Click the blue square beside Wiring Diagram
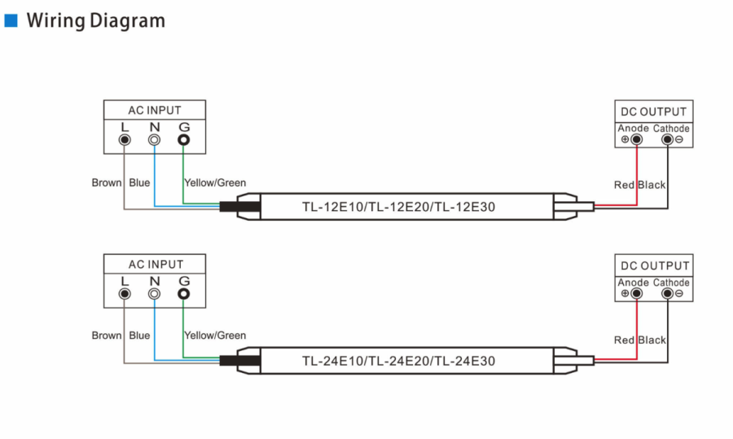[x=11, y=20]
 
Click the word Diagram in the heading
[x=127, y=21]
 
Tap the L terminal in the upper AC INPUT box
[x=125, y=139]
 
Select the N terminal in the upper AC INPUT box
[x=154, y=139]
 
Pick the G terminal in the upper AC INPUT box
[x=184, y=139]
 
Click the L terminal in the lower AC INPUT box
[x=125, y=293]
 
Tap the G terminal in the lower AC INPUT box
[x=184, y=293]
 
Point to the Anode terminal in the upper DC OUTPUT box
[x=636, y=138]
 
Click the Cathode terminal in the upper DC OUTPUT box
[x=668, y=138]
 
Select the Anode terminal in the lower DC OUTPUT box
[x=636, y=293]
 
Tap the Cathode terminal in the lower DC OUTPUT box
[x=668, y=293]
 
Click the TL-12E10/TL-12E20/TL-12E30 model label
[x=398, y=207]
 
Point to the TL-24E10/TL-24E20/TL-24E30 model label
[x=398, y=361]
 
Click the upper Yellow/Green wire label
[x=215, y=182]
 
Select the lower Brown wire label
[x=107, y=336]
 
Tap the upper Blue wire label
[x=139, y=182]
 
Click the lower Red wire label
[x=624, y=340]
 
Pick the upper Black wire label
[x=652, y=185]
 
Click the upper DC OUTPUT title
[x=653, y=112]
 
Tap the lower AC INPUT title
[x=156, y=264]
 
